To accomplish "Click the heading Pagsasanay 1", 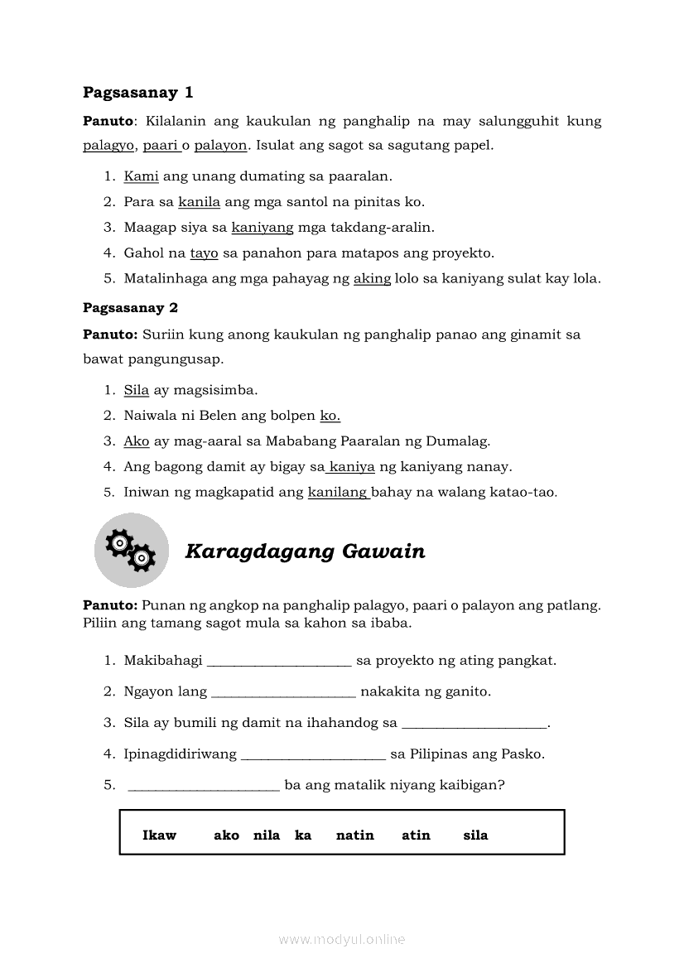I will click(x=137, y=92).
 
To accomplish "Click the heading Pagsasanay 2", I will click(x=130, y=307).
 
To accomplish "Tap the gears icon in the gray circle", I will click(x=131, y=550).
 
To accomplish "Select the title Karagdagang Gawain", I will click(x=305, y=551).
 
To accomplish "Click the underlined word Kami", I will click(x=141, y=176).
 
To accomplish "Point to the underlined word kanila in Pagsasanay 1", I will click(x=199, y=201).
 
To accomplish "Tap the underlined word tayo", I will click(x=204, y=253).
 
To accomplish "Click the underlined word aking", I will click(x=372, y=278).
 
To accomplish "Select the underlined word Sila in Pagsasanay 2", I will click(x=136, y=390).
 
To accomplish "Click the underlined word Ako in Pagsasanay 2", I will click(x=137, y=441).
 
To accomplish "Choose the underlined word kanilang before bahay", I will click(x=338, y=492).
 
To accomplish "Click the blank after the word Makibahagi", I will click(x=279, y=661).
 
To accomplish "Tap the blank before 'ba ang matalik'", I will click(x=204, y=786).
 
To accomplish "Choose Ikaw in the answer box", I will click(x=159, y=836).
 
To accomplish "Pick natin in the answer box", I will click(x=354, y=836).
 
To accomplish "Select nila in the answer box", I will click(x=267, y=836).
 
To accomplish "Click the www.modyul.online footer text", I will click(x=342, y=940).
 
